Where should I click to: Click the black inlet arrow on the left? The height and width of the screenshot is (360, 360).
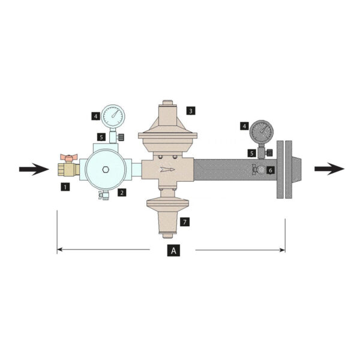[x=34, y=169]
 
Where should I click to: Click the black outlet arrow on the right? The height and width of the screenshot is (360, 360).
[x=329, y=169]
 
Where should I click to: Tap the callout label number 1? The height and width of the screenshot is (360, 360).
[x=65, y=187]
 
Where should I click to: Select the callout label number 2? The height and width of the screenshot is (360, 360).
[x=122, y=192]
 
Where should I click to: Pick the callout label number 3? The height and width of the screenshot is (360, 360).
[x=191, y=110]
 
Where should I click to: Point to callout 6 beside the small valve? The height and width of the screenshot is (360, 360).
[x=271, y=170]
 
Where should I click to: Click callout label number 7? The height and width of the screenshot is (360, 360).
[x=185, y=222]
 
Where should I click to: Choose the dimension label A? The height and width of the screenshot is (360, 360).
[x=173, y=250]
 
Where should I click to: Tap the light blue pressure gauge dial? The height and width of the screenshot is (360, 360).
[x=113, y=116]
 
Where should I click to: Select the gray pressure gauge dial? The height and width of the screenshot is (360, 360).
[x=262, y=131]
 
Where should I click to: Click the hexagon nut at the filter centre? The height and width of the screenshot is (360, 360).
[x=106, y=170]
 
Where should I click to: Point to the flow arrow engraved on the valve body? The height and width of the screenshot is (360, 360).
[x=167, y=170]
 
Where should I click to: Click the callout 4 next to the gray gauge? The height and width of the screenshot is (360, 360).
[x=245, y=126]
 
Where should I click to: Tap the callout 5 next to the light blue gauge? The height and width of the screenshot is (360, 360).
[x=101, y=137]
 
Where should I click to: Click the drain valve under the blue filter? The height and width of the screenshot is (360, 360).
[x=104, y=195]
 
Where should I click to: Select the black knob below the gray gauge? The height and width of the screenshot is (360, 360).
[x=269, y=152]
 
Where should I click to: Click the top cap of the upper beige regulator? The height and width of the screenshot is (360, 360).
[x=167, y=103]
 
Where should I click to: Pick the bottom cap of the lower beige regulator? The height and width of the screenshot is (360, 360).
[x=167, y=236]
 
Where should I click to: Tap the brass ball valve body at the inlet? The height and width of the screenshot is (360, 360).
[x=68, y=169]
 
